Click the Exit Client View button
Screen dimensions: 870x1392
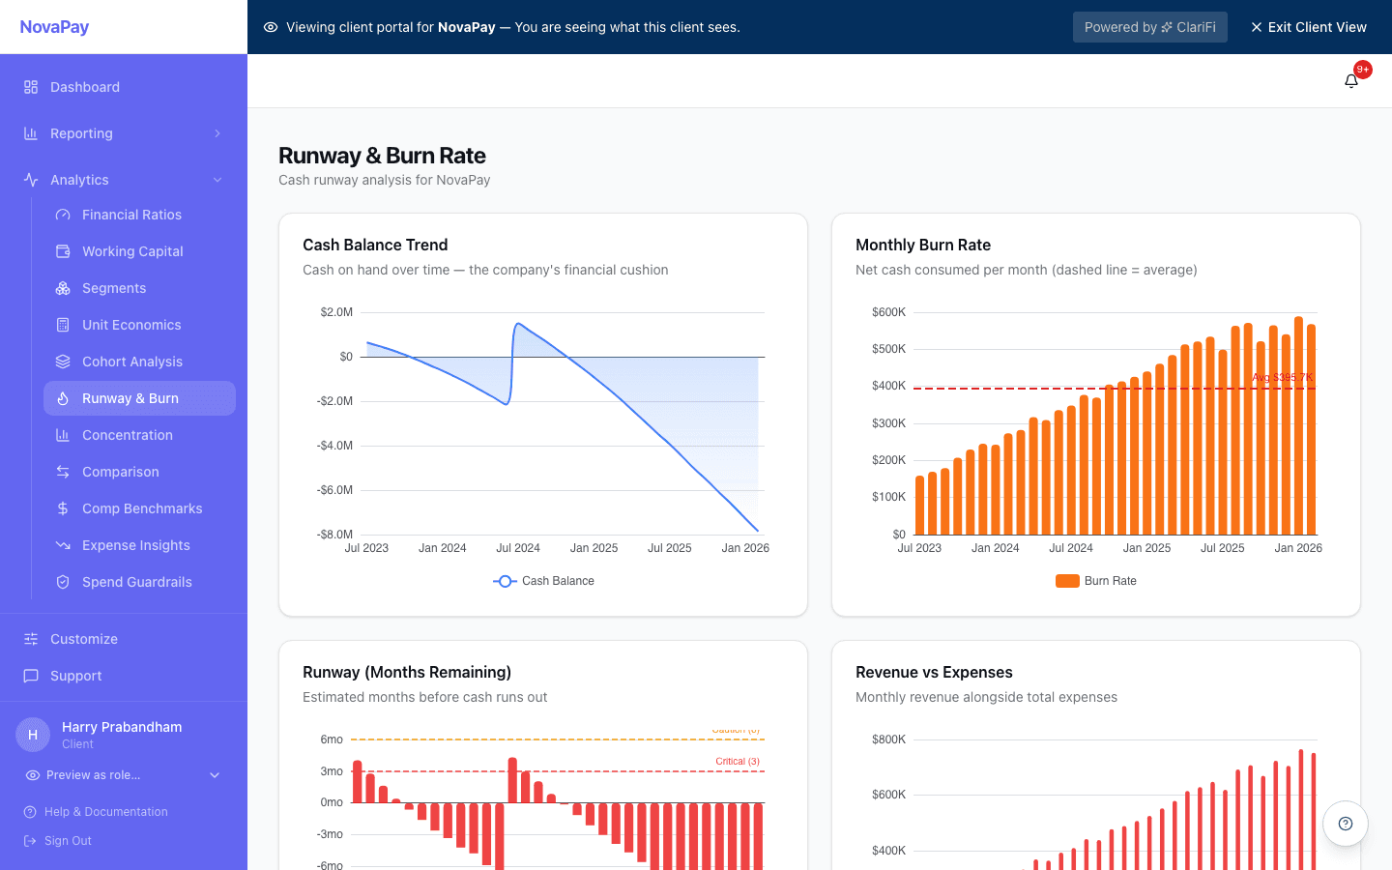point(1308,27)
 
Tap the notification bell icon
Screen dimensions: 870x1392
point(1351,81)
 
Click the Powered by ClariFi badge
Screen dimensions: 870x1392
point(1149,27)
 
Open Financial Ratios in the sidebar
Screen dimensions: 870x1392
point(131,215)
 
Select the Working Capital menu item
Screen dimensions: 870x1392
point(132,251)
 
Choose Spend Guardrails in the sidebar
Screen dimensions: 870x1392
point(136,582)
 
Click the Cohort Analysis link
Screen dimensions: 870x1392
point(131,362)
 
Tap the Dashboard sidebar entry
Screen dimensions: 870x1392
point(85,87)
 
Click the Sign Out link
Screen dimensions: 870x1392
point(68,841)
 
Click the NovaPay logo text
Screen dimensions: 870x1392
point(54,27)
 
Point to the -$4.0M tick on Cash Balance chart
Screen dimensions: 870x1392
point(334,446)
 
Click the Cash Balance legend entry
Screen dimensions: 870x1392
point(544,581)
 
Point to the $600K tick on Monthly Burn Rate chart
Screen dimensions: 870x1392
point(888,312)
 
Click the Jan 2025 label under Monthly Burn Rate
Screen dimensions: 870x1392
point(1146,548)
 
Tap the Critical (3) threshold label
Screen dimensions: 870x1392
point(737,762)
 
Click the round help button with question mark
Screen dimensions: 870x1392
point(1345,824)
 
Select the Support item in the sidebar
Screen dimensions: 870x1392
point(75,676)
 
